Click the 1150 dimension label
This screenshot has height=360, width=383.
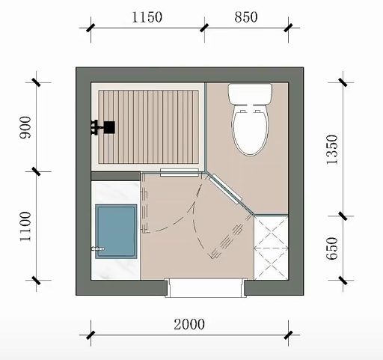147,17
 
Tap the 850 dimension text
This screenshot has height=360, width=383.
246,17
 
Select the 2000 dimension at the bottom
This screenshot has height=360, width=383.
189,324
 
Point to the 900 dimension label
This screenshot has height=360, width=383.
25,127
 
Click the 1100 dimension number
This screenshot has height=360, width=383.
25,227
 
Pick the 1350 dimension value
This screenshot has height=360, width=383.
332,150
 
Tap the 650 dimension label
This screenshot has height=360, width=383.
332,248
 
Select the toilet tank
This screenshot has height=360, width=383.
251,94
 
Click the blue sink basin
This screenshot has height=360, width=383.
116,231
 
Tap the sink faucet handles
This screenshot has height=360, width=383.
98,248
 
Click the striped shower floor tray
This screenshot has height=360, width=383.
149,127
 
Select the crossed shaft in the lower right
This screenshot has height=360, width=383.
271,248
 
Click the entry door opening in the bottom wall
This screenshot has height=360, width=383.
206,288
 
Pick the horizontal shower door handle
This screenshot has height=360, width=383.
180,172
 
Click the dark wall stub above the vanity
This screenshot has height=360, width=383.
116,176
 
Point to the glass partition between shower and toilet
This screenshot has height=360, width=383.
206,127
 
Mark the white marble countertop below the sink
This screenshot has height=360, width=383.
116,269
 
